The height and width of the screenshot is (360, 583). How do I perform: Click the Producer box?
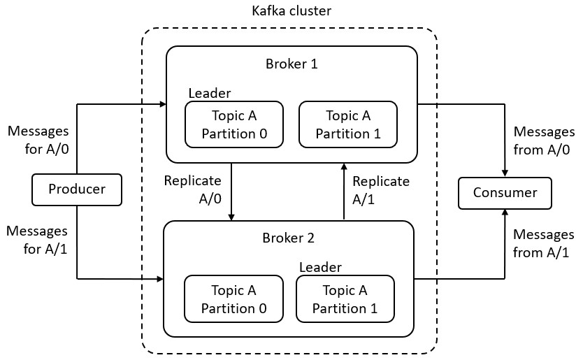coord(77,189)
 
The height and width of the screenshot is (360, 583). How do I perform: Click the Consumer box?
coord(505,193)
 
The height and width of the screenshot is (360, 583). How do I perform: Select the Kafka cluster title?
coord(291,11)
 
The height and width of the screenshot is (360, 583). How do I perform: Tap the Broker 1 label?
coord(291,64)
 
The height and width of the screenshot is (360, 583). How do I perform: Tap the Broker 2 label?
coord(288,238)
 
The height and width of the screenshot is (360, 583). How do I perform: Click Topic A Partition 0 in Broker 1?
coord(234,124)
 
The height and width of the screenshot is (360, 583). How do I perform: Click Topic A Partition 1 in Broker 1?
coord(347,124)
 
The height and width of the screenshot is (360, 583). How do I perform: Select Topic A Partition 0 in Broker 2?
coord(233,298)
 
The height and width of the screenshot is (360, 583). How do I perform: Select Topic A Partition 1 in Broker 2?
coord(345,298)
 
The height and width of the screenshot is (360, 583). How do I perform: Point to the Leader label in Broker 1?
coord(209,93)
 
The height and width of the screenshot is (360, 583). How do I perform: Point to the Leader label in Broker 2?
coord(320,267)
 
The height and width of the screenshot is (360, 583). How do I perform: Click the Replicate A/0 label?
coord(192,189)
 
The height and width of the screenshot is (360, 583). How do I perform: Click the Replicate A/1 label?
coord(380,190)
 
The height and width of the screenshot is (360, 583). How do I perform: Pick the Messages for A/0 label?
coord(37,140)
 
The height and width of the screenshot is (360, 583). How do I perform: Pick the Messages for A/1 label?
coord(37,240)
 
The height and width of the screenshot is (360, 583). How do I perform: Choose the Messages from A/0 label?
coord(543,140)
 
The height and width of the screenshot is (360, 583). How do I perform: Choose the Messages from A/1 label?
coord(543,244)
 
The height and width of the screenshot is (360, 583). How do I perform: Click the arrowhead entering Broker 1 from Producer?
coord(162,105)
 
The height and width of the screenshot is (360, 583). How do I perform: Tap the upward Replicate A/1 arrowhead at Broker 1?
coord(344,166)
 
